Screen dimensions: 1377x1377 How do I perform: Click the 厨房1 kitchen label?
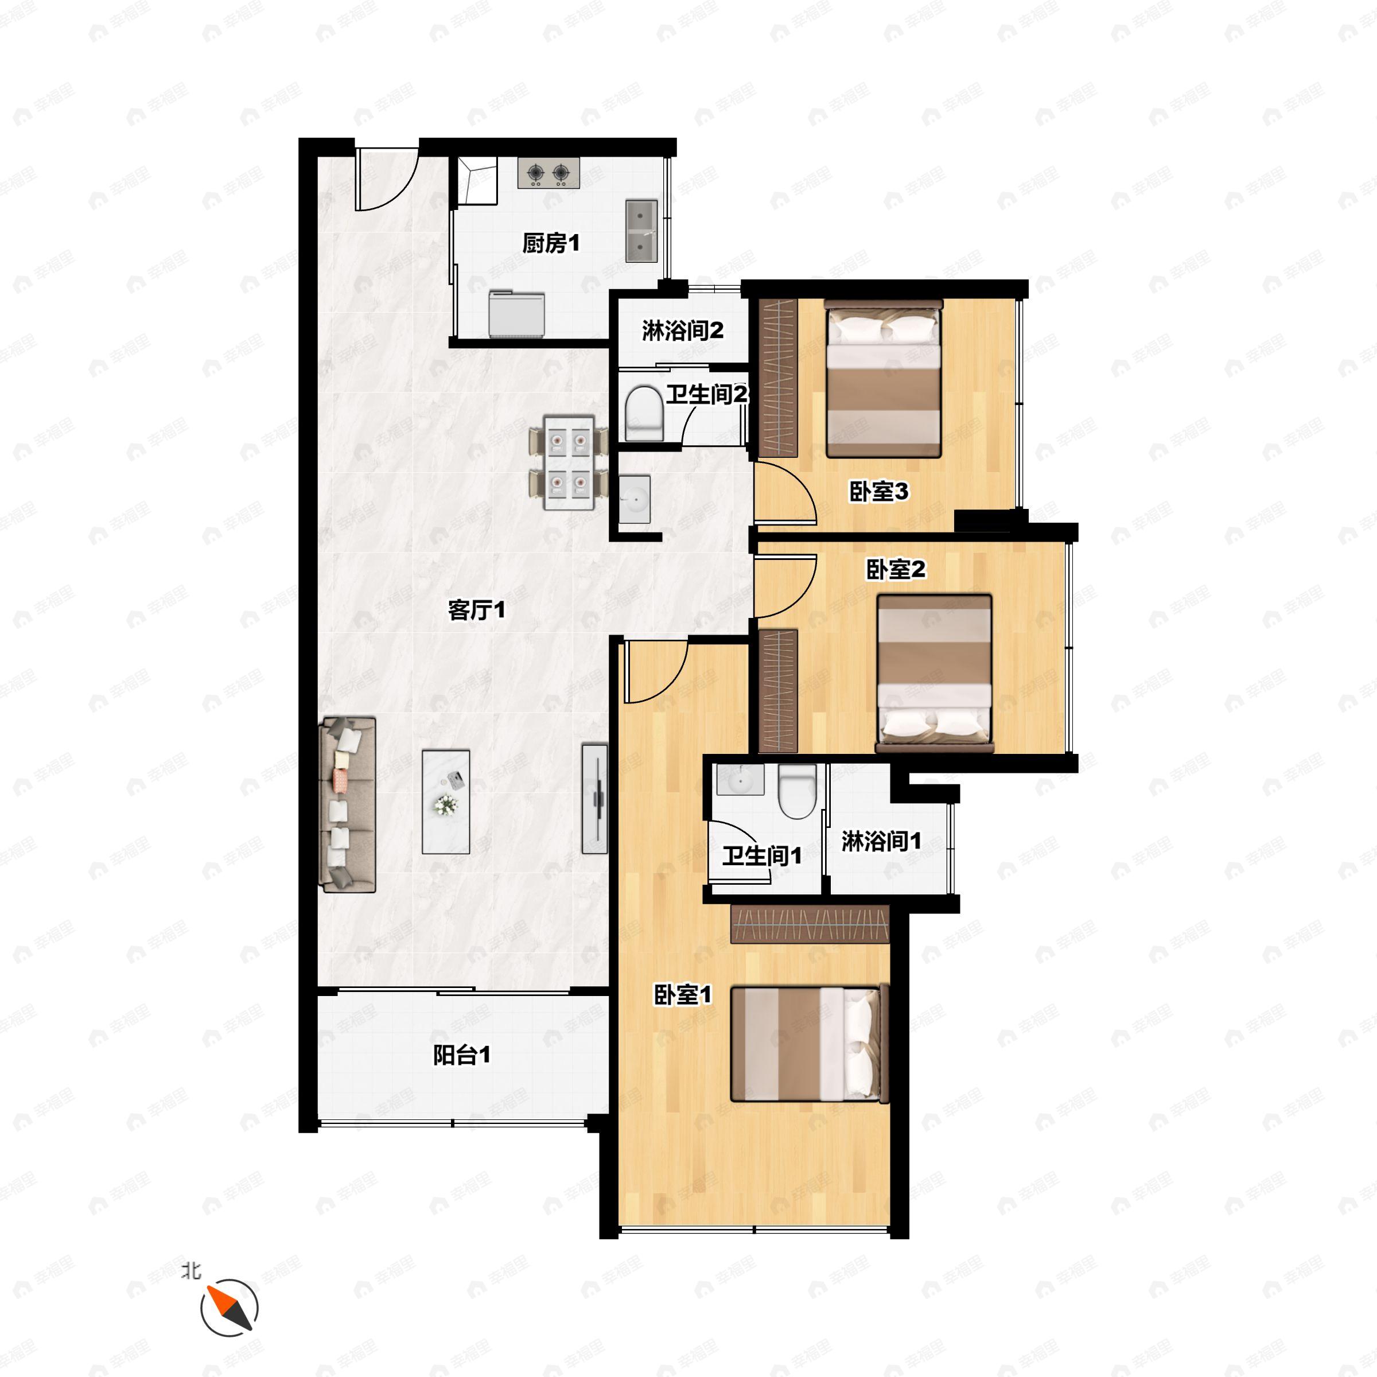(551, 244)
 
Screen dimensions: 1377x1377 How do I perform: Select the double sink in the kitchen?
(641, 231)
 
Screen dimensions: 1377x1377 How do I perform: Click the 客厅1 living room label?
(477, 610)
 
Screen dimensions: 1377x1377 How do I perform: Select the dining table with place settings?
(569, 462)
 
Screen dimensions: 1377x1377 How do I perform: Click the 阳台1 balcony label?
(462, 1055)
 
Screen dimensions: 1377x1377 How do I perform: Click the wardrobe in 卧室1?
(810, 924)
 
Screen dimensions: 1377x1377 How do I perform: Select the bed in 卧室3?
(884, 379)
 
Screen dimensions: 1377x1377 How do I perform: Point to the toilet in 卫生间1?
(797, 791)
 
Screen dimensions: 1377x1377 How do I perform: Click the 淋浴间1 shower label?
(882, 841)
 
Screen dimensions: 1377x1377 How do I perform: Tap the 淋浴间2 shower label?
(683, 330)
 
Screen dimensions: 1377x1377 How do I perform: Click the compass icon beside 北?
(229, 1309)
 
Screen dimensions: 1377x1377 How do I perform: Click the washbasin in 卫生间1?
(741, 780)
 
